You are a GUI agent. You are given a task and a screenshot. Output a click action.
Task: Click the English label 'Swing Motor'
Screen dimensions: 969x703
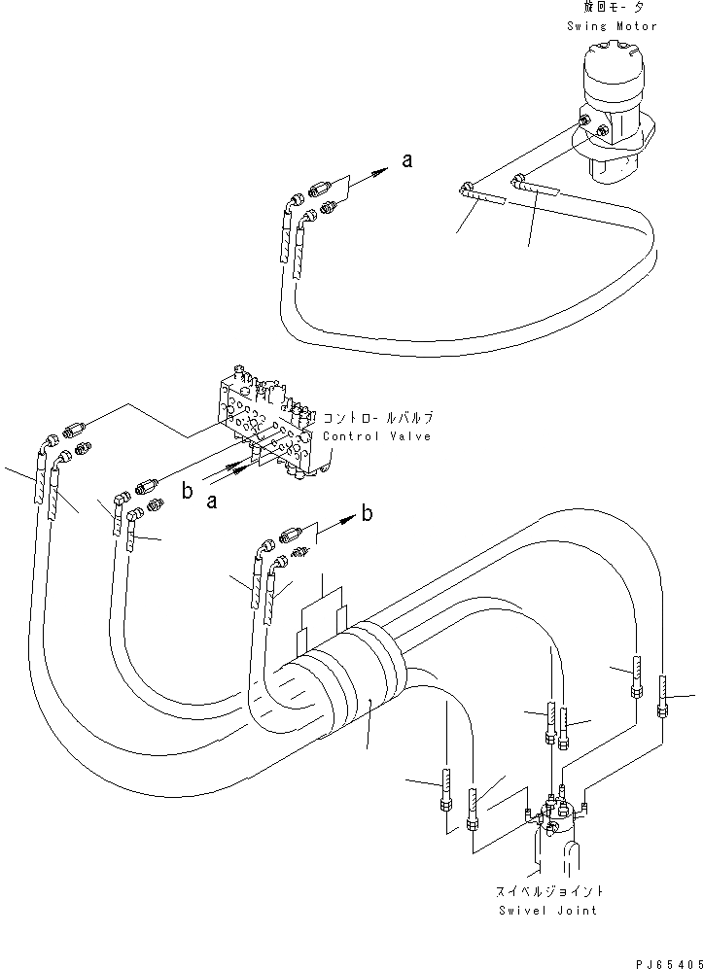coord(613,26)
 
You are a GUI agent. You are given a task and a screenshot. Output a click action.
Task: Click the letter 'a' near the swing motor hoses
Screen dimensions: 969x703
coord(407,161)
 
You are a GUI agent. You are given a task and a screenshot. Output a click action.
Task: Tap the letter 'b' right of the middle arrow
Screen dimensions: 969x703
coord(367,514)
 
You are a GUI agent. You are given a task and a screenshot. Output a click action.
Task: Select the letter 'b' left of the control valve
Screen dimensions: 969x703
coord(187,492)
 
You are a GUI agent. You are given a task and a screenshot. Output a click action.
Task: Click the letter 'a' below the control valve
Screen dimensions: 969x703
coord(211,502)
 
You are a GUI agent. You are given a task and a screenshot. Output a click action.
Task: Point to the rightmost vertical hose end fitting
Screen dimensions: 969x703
coord(663,697)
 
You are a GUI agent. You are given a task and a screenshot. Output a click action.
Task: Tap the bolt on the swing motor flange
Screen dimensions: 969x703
coord(585,122)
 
